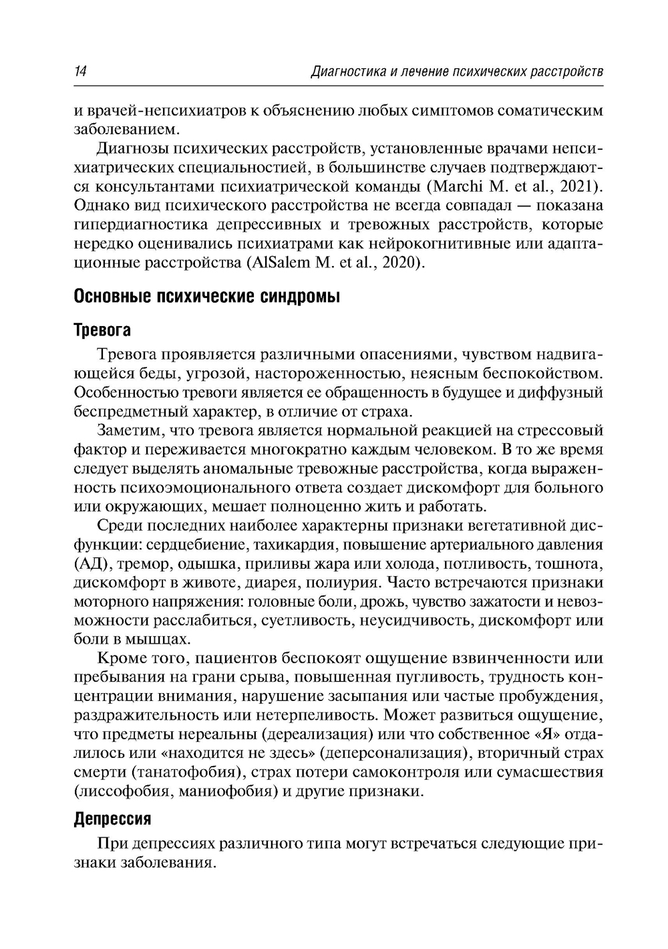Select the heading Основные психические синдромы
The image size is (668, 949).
click(x=207, y=296)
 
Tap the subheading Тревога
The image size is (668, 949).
click(x=102, y=330)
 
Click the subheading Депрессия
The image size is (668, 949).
click(x=112, y=818)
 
